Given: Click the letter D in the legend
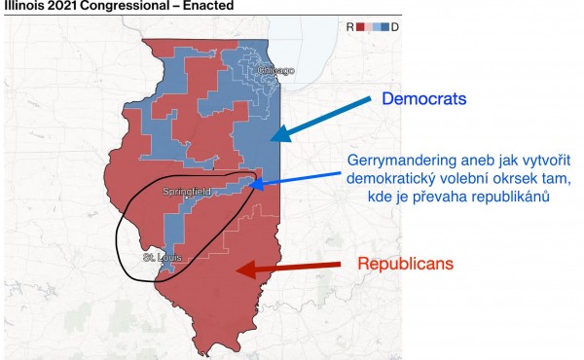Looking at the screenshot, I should (395, 27).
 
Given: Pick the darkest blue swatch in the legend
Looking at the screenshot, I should (385, 27).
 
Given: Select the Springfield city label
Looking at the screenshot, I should (186, 193).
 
